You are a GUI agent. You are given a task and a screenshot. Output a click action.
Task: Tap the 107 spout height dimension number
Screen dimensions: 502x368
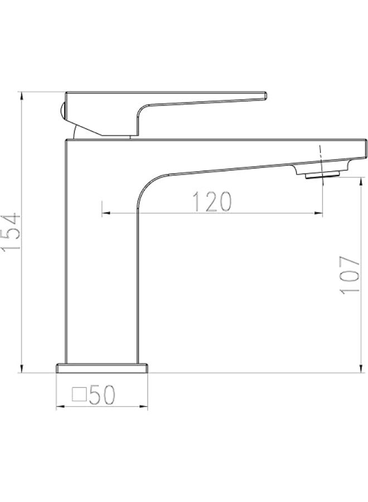(x=348, y=274)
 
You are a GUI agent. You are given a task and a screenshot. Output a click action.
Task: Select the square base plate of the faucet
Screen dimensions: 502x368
(x=103, y=368)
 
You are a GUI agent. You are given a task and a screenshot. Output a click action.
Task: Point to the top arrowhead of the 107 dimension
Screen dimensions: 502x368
(x=357, y=181)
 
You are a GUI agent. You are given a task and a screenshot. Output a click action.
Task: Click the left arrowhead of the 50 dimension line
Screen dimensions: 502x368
(x=60, y=408)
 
